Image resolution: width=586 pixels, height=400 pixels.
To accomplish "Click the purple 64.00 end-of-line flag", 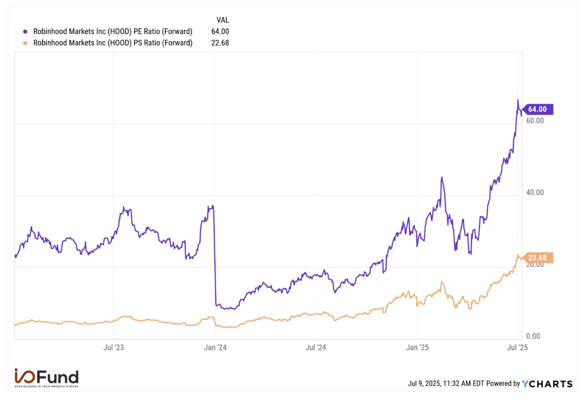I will pyautogui.click(x=537, y=109).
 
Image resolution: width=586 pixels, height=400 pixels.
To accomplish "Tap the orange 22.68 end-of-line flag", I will pyautogui.click(x=537, y=258).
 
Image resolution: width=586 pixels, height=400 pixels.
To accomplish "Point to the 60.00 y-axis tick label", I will pyautogui.click(x=535, y=121).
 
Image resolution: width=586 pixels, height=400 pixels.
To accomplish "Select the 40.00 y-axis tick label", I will pyautogui.click(x=535, y=192).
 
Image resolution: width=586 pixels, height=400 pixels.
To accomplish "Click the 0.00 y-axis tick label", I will pyautogui.click(x=533, y=336).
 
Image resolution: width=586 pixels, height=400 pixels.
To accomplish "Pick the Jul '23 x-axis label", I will pyautogui.click(x=114, y=347).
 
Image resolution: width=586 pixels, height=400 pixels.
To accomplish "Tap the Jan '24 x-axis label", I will pyautogui.click(x=215, y=347).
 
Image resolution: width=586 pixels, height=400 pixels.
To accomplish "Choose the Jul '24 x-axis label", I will pyautogui.click(x=316, y=347).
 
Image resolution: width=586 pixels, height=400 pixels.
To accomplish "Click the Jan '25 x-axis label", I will pyautogui.click(x=417, y=347).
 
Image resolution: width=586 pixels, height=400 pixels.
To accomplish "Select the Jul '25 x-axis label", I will pyautogui.click(x=517, y=347).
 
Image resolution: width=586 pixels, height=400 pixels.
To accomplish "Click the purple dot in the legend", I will pyautogui.click(x=25, y=32).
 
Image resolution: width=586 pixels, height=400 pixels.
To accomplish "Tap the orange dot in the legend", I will pyautogui.click(x=25, y=43).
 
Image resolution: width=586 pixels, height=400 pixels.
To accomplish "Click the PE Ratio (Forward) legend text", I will pyautogui.click(x=113, y=32).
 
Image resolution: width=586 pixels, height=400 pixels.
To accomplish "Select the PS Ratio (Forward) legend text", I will pyautogui.click(x=113, y=43).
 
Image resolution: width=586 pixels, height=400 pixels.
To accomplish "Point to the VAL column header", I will pyautogui.click(x=223, y=20).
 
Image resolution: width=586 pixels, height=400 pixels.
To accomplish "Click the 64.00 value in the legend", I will pyautogui.click(x=220, y=32).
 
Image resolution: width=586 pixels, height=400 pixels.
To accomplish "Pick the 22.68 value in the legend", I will pyautogui.click(x=220, y=43).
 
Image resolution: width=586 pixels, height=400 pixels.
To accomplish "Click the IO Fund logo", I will pyautogui.click(x=46, y=378).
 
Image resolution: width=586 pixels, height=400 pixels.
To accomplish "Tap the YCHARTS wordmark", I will pyautogui.click(x=547, y=384).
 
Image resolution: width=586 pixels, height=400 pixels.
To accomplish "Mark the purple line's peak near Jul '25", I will pyautogui.click(x=517, y=100).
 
